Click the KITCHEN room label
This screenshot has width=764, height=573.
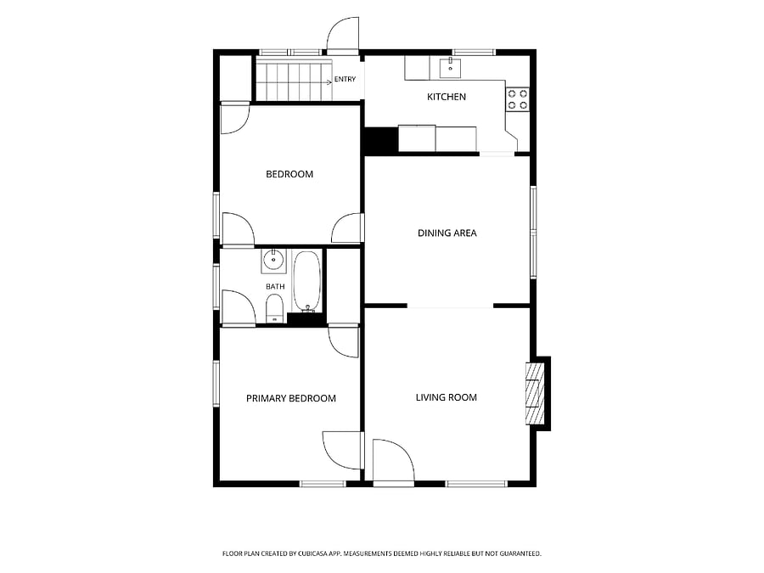[x=447, y=97]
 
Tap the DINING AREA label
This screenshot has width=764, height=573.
[x=447, y=233]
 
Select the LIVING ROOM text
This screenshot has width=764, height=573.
[x=446, y=397]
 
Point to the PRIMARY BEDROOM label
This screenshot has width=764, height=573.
[x=291, y=399]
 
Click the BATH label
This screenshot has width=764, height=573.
[x=275, y=287]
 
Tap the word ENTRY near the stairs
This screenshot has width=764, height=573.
[x=345, y=80]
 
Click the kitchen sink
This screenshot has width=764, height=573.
[x=451, y=68]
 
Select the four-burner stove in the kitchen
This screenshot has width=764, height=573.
[x=518, y=99]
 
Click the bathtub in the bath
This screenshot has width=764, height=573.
[x=307, y=281]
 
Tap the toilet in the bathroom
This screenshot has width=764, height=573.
[x=275, y=308]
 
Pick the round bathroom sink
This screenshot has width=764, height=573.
[x=273, y=261]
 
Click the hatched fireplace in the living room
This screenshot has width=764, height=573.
[x=534, y=393]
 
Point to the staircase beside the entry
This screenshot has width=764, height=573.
[x=295, y=81]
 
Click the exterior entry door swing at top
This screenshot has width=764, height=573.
[x=343, y=35]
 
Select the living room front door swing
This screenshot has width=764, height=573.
[x=394, y=461]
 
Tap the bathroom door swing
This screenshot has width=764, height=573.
[x=239, y=307]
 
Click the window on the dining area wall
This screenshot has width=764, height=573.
[x=534, y=232]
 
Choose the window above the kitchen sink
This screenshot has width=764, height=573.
[x=474, y=52]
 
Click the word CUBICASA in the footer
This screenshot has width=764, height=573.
[x=318, y=553]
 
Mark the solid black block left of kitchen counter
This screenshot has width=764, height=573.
[x=381, y=140]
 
